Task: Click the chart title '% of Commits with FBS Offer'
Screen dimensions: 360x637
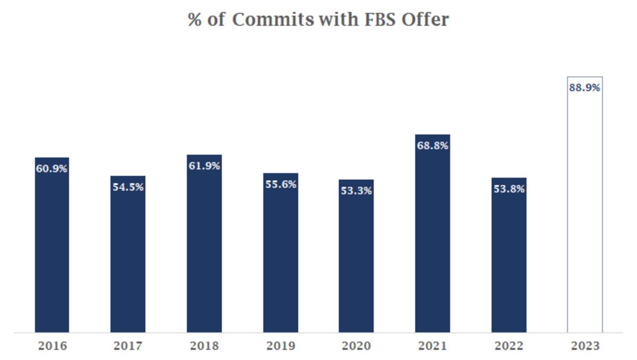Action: click(x=318, y=20)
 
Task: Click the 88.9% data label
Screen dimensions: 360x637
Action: click(x=584, y=88)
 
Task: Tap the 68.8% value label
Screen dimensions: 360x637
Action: click(x=433, y=145)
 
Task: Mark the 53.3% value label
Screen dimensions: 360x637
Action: click(x=356, y=191)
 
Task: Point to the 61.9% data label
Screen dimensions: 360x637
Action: click(x=204, y=166)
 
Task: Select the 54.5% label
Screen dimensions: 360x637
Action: click(x=128, y=187)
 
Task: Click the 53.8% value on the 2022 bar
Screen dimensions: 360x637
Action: click(x=509, y=188)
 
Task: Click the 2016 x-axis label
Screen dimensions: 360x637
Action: click(x=52, y=346)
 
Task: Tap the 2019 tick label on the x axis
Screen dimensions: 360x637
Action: click(x=280, y=346)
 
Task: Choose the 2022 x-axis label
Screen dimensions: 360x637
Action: click(x=509, y=346)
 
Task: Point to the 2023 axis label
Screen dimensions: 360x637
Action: click(x=584, y=346)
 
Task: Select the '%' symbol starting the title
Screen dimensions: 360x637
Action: click(x=194, y=20)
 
